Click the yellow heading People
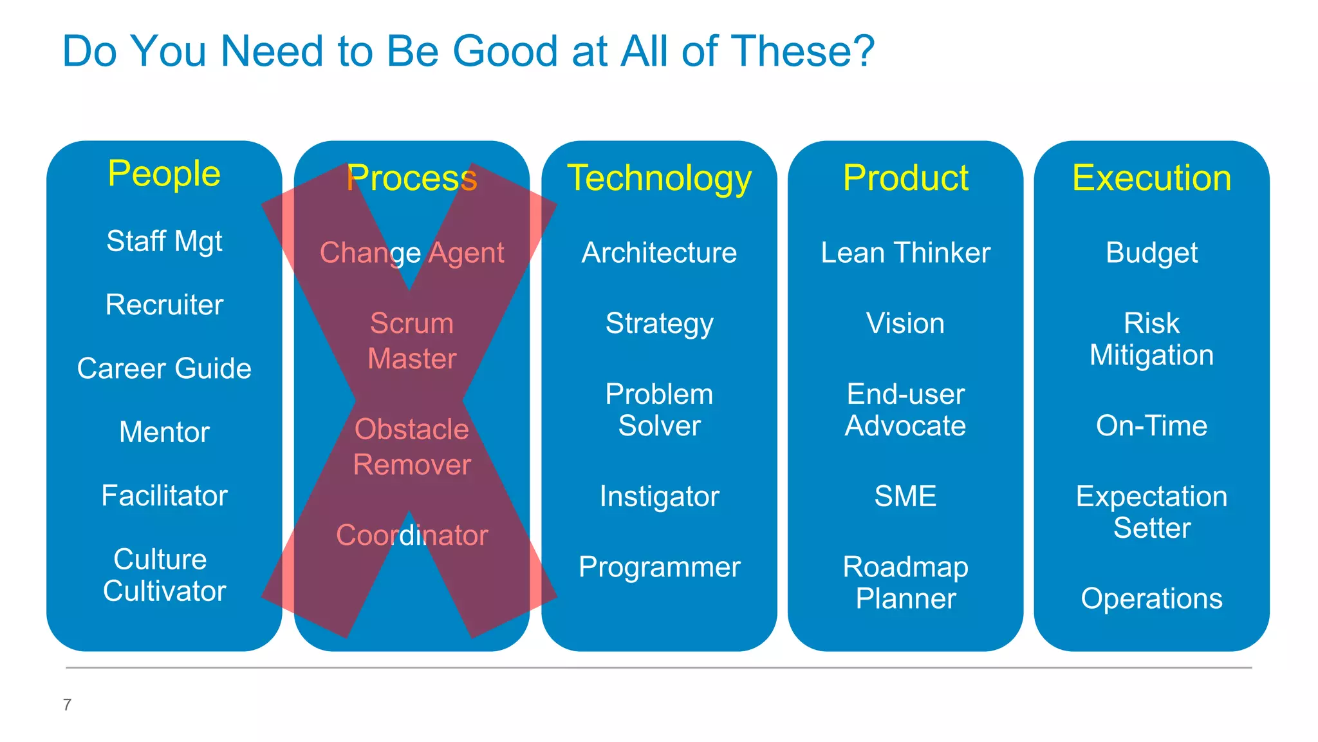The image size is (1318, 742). click(x=164, y=174)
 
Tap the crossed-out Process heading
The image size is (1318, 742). click(x=412, y=178)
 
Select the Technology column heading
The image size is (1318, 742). click(x=659, y=178)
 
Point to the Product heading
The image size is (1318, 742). click(x=905, y=178)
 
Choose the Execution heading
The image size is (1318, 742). click(x=1151, y=178)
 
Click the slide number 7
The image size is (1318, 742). click(x=67, y=705)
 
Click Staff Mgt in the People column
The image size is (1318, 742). click(x=164, y=242)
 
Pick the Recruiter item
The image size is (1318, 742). click(x=164, y=305)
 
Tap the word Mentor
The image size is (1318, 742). click(x=164, y=432)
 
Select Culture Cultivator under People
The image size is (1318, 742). click(x=164, y=575)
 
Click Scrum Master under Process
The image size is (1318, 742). click(x=412, y=341)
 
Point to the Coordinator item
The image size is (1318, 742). click(x=412, y=535)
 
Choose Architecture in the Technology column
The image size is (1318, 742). click(x=659, y=252)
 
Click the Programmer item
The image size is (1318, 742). click(x=659, y=567)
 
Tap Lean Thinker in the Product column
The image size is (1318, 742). click(x=905, y=252)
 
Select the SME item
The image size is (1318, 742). click(x=905, y=496)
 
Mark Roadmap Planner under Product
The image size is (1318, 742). click(x=905, y=583)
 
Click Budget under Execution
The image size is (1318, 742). click(x=1151, y=252)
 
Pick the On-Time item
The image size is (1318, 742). click(x=1151, y=426)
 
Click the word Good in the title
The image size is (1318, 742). click(x=505, y=51)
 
